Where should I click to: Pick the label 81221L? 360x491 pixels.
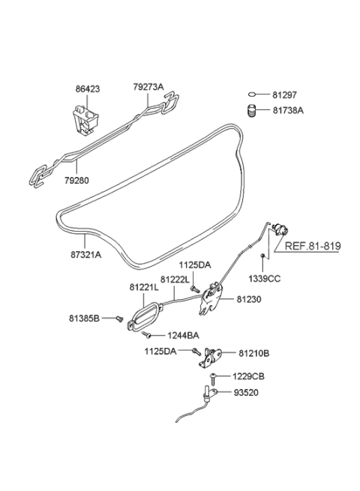(143, 286)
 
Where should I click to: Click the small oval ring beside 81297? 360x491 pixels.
(253, 94)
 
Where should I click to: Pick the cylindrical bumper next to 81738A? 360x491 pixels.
(253, 111)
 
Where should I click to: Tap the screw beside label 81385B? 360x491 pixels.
(119, 318)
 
